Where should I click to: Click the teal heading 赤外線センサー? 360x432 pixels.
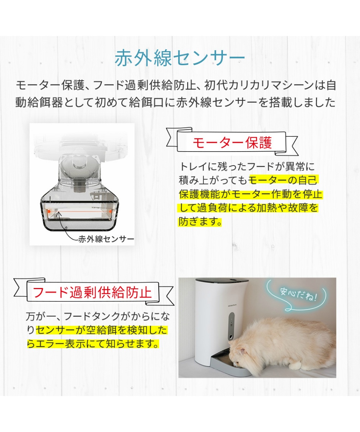click(180, 59)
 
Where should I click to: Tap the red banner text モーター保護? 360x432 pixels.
click(232, 143)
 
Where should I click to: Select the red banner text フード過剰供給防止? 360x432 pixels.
click(92, 292)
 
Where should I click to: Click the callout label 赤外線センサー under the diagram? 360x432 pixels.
click(106, 239)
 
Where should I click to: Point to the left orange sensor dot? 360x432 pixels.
click(49, 211)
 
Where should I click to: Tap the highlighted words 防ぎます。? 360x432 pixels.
click(200, 222)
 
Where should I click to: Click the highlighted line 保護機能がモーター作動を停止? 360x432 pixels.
click(250, 194)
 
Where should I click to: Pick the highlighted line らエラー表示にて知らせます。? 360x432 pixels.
click(92, 344)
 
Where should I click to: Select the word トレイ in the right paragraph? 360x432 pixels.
click(192, 167)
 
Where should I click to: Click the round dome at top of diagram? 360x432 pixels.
click(81, 161)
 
